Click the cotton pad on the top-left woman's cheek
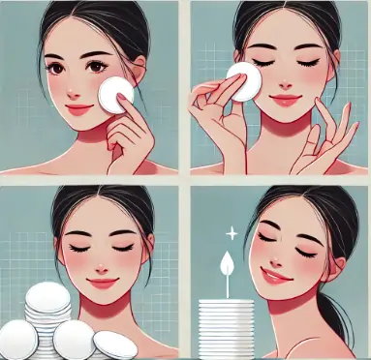click(x=115, y=95)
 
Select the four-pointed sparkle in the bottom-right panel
click(x=230, y=234)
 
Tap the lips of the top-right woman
click(x=286, y=99)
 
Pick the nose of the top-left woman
click(x=76, y=86)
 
